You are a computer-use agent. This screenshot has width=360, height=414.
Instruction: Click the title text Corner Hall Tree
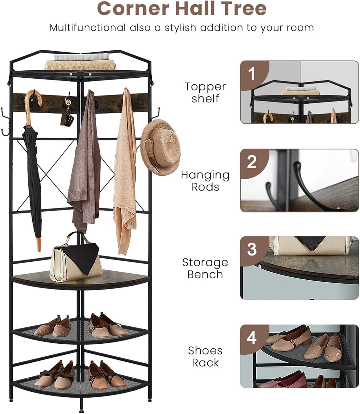tap(182, 9)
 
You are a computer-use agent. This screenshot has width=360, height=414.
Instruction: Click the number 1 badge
tap(252, 74)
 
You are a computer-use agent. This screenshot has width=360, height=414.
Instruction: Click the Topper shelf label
tap(205, 92)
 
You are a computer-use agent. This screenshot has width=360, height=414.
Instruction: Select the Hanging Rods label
tap(205, 181)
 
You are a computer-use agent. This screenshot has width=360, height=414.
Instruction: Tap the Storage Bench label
tap(205, 268)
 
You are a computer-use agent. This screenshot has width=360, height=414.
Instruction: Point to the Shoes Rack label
tap(205, 356)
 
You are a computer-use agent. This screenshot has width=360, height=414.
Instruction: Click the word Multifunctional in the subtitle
tap(88, 28)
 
